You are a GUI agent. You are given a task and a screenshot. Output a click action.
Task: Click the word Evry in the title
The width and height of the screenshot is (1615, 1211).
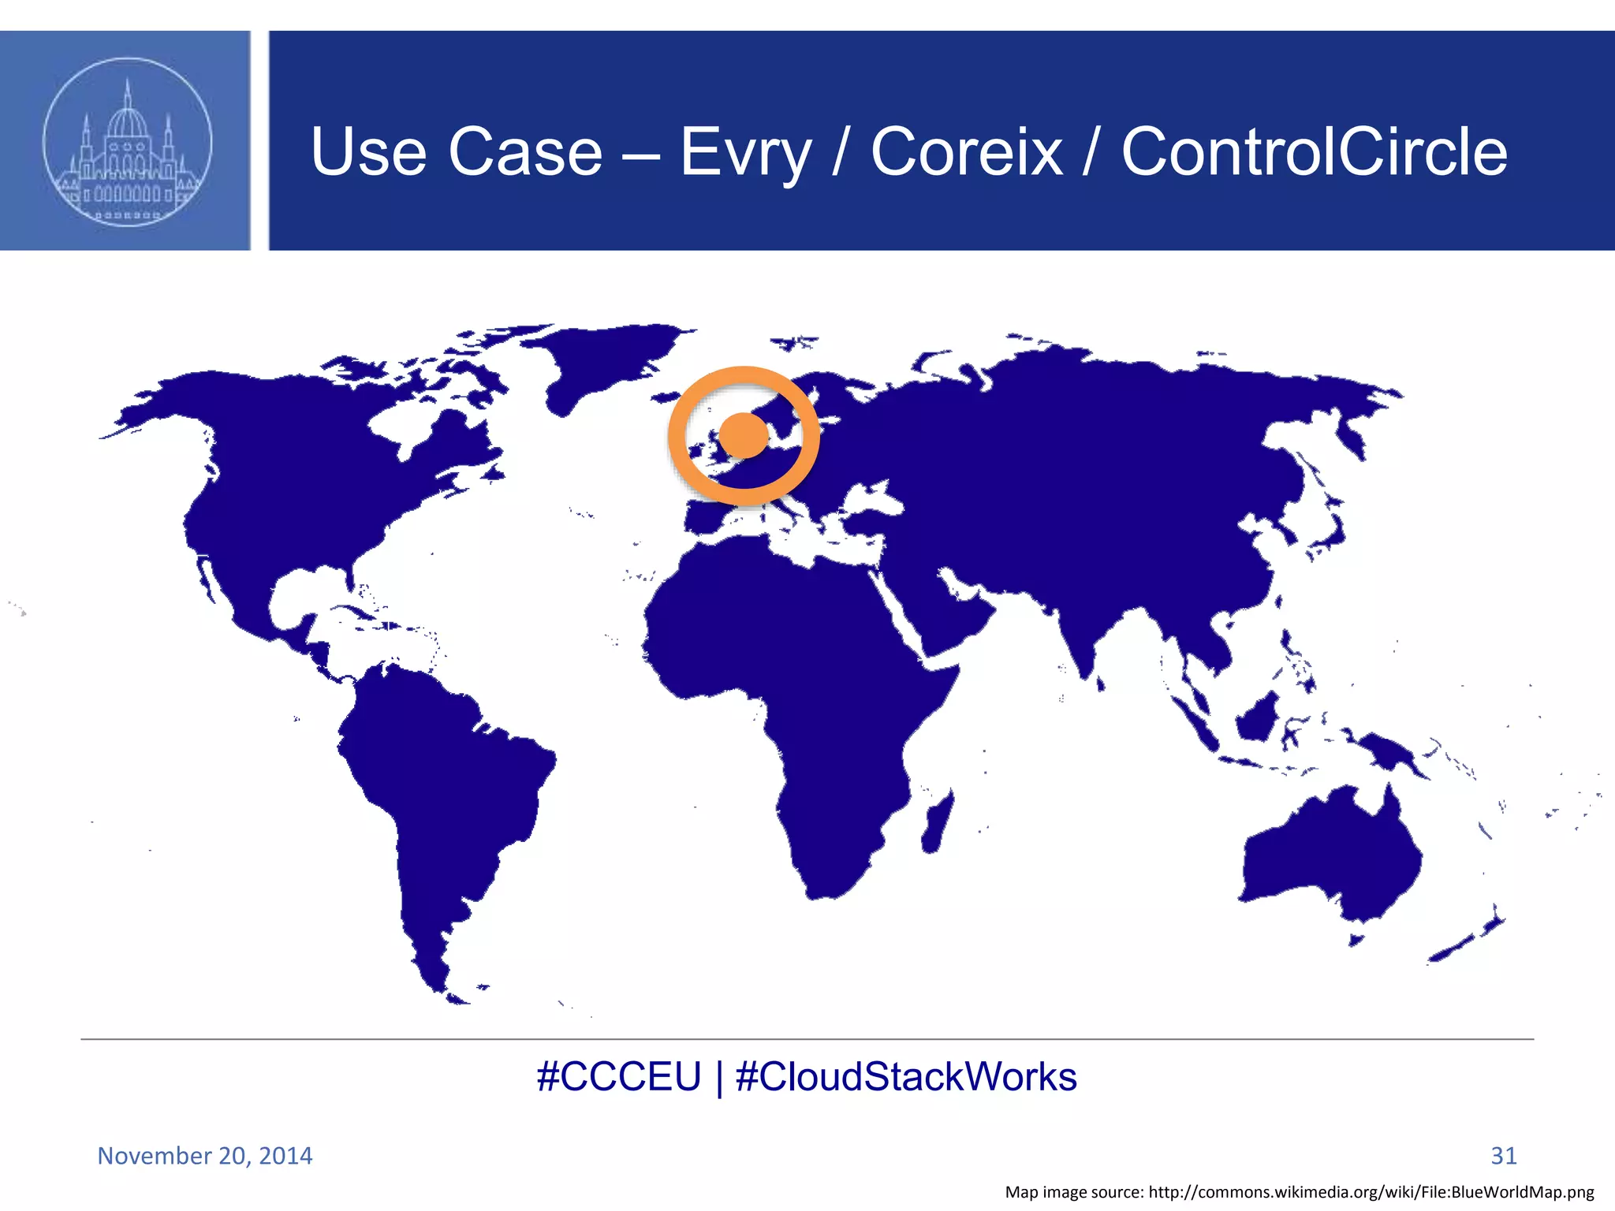[x=745, y=151]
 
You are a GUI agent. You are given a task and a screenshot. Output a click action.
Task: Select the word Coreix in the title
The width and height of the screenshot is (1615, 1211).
[x=967, y=151]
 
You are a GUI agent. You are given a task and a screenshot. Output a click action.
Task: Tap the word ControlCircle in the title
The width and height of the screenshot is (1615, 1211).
[x=1314, y=151]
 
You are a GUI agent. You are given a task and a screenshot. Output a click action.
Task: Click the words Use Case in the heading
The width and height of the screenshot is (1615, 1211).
[x=457, y=151]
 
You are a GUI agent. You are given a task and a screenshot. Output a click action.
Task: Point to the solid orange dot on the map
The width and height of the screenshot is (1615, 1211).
[x=744, y=434]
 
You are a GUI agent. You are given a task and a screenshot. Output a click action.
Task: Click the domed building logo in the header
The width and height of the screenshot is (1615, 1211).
[x=127, y=142]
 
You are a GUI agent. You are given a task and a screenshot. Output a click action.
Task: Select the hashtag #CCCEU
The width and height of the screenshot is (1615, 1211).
[x=618, y=1077]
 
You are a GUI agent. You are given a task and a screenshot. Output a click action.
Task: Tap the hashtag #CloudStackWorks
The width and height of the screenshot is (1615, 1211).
[x=906, y=1077]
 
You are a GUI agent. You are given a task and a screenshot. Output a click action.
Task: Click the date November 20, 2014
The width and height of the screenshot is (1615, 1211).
[x=205, y=1156]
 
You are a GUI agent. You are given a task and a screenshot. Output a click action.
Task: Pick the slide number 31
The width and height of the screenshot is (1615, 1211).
[x=1503, y=1156]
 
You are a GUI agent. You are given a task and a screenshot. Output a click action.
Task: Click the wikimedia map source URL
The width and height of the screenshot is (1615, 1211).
[x=1371, y=1192]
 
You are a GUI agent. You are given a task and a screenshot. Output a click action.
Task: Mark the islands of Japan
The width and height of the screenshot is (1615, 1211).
[x=1329, y=536]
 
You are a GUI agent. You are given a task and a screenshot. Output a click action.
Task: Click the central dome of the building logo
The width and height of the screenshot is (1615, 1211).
[x=127, y=122]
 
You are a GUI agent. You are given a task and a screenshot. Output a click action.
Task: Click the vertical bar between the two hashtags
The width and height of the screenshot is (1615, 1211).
[x=718, y=1078]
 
